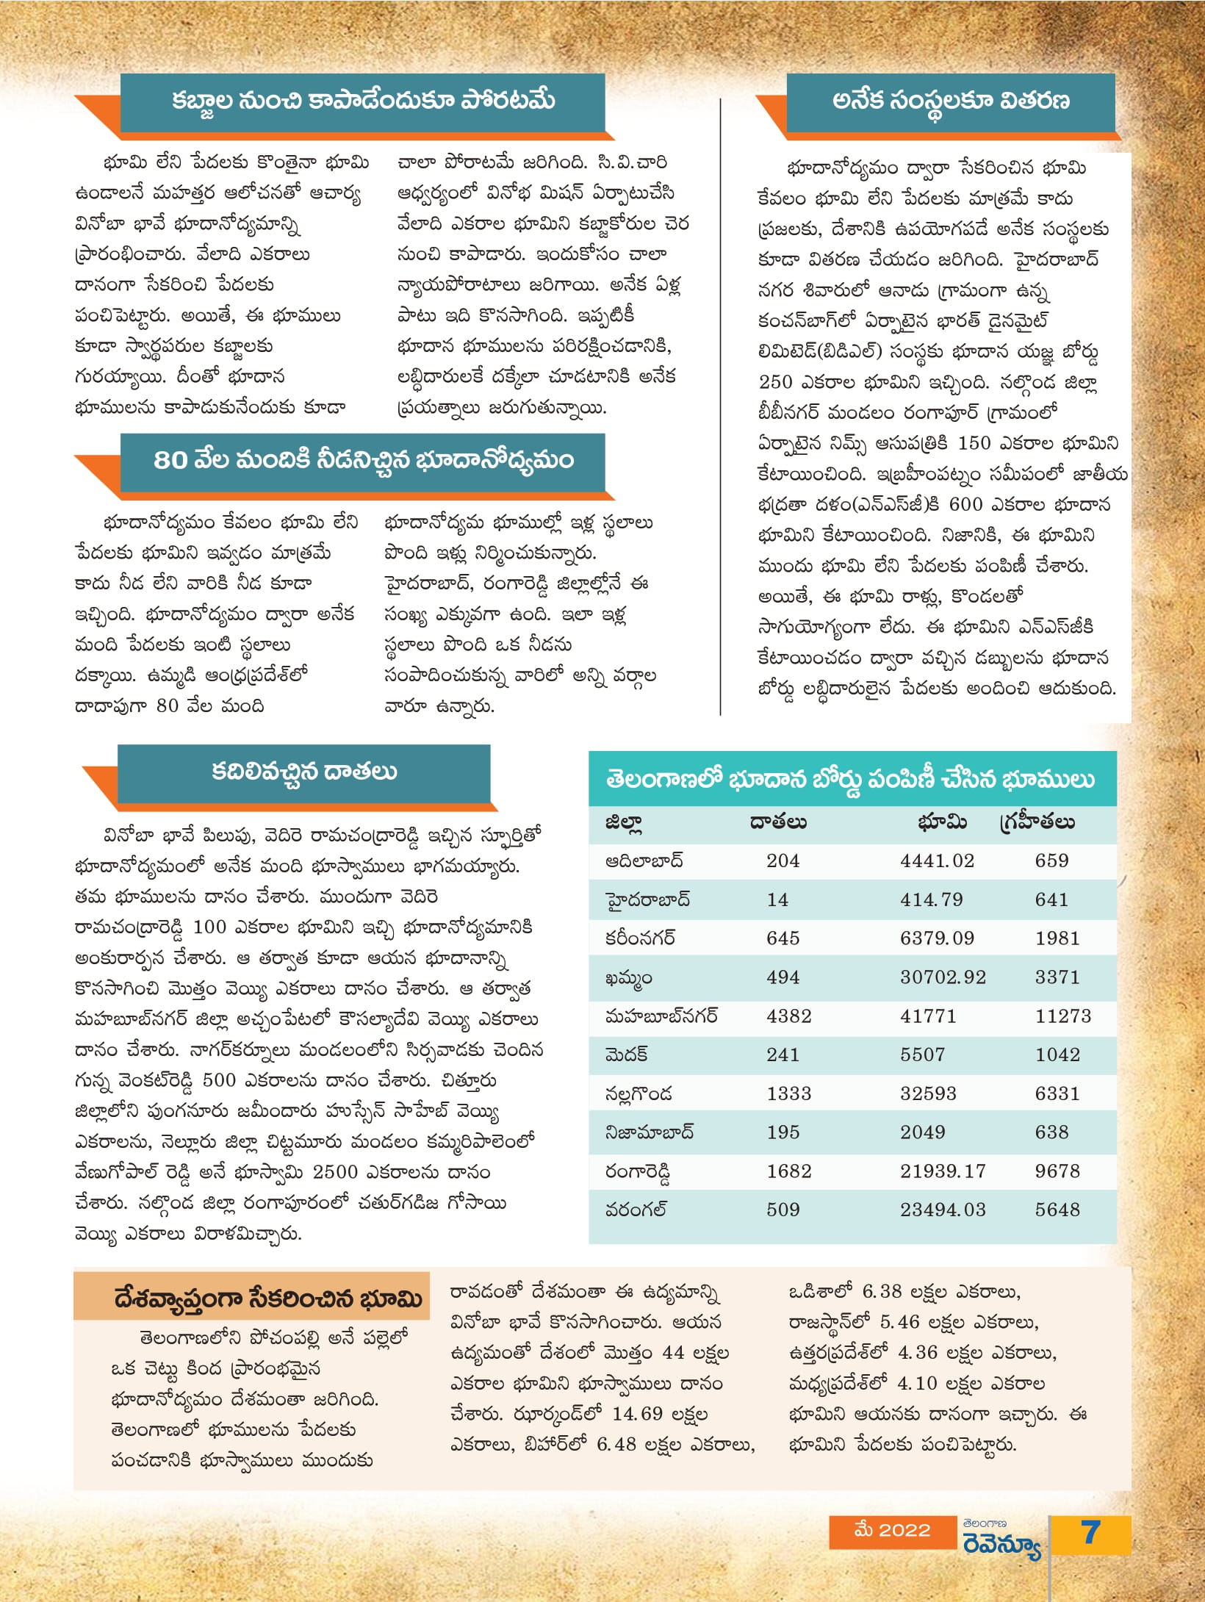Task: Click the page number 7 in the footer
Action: [1090, 1533]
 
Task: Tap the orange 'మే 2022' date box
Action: [892, 1531]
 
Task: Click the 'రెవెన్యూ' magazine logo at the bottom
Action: [1002, 1538]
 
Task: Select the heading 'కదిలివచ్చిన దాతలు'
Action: [304, 772]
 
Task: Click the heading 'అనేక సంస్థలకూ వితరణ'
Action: [951, 101]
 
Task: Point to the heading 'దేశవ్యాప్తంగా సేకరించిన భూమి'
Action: [268, 1299]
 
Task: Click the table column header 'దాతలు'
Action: [778, 822]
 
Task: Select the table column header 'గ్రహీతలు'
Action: [1037, 822]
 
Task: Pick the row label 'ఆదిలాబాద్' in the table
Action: [644, 861]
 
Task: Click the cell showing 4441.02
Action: [937, 861]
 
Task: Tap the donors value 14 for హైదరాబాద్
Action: [777, 899]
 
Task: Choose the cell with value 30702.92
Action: [943, 977]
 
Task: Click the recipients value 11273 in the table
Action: [1063, 1016]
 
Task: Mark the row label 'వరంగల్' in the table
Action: [636, 1210]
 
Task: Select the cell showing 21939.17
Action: [943, 1171]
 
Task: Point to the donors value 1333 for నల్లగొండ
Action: [788, 1093]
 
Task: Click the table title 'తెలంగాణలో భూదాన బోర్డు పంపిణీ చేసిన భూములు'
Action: [851, 779]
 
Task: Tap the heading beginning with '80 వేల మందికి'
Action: [364, 461]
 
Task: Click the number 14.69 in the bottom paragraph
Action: [636, 1415]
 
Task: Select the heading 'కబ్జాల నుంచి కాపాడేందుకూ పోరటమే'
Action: [364, 101]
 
